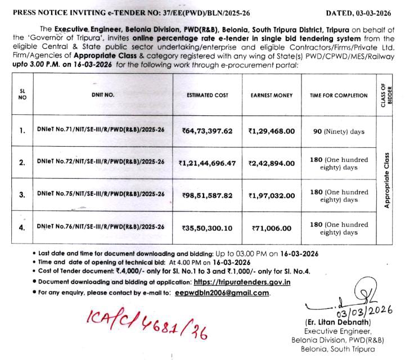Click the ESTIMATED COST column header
[208, 96]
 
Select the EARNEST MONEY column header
[272, 96]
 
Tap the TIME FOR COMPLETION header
[339, 96]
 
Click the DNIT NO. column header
[102, 96]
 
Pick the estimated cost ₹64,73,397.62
[207, 131]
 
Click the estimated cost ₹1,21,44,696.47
[207, 163]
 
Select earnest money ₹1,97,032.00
[272, 195]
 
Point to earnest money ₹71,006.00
[272, 228]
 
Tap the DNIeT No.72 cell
[100, 162]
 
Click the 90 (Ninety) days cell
[339, 132]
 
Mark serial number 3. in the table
[22, 195]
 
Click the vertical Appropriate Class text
[387, 179]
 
